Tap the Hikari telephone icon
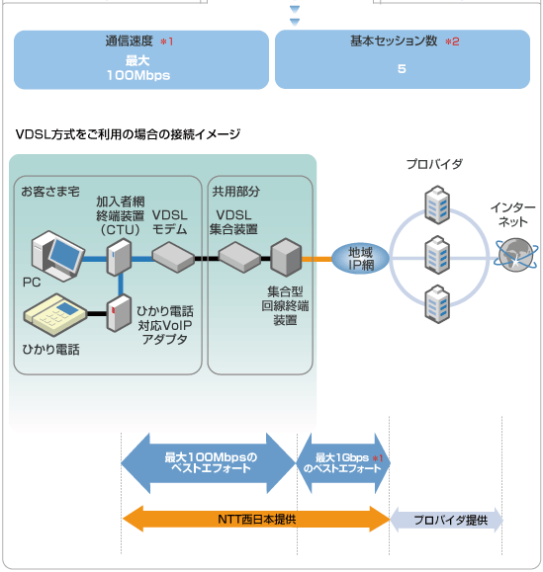(x=55, y=314)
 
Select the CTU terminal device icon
(x=119, y=257)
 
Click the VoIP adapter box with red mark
(x=119, y=313)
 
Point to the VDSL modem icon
(x=173, y=257)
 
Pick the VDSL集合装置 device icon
(x=239, y=257)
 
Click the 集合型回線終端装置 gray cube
(x=286, y=257)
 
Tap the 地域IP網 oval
(x=360, y=259)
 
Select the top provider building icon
(x=437, y=204)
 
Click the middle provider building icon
(x=437, y=255)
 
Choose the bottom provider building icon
(x=437, y=304)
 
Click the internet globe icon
(x=515, y=255)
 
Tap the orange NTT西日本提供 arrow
(x=256, y=519)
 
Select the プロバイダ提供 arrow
(x=447, y=520)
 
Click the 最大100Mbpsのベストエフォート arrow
(x=209, y=463)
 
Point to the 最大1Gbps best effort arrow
(x=343, y=463)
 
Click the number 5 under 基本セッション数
(x=402, y=68)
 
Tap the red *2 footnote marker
(x=452, y=41)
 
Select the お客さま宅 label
(x=50, y=191)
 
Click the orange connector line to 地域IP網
(x=317, y=259)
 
